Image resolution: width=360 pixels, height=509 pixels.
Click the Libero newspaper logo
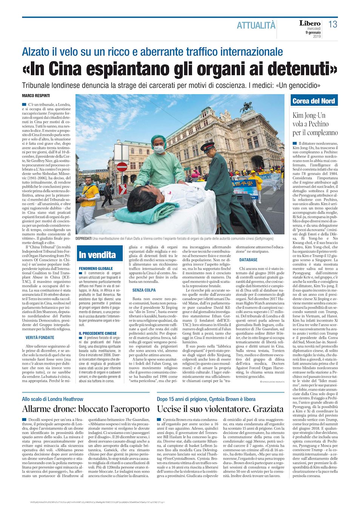coord(310,23)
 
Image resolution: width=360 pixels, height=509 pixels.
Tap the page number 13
coord(332,25)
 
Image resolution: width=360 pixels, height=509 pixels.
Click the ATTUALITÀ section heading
coord(256,25)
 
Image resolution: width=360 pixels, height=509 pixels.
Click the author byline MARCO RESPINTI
coord(36,96)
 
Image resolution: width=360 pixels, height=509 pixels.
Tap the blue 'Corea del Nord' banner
coord(314,101)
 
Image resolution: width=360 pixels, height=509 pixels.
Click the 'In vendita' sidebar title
coord(97,255)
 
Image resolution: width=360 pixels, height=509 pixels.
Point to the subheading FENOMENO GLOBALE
coord(96,268)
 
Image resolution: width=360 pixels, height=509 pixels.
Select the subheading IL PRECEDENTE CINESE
coord(98,333)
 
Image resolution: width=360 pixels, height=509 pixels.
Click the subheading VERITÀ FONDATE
coord(40,338)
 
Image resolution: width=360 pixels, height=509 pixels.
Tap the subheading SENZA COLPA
coord(144,290)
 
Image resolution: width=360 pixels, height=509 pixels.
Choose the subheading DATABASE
coord(248,260)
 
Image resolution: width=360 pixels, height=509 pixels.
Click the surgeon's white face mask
coord(159,149)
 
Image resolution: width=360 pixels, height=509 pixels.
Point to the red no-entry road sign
coord(122,167)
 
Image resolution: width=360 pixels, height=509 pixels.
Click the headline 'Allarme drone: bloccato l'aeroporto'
coord(86,409)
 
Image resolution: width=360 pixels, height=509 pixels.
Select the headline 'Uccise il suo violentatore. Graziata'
coord(220,409)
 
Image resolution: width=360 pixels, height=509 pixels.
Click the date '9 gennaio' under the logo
coord(313,32)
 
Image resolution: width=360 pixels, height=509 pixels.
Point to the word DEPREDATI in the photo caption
coord(83,239)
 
